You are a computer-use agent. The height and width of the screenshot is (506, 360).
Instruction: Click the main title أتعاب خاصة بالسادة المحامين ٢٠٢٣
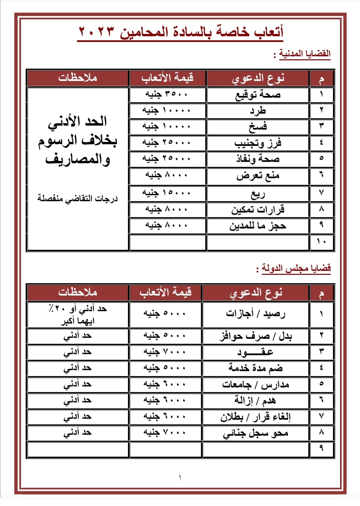tap(180, 32)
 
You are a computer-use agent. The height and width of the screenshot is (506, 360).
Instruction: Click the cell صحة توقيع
tap(258, 95)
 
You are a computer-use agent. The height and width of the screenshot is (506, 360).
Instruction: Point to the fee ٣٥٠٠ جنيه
tap(167, 95)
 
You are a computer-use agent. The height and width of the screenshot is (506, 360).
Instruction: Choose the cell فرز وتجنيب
tap(258, 143)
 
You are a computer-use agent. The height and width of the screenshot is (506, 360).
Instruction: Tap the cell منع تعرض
tap(258, 176)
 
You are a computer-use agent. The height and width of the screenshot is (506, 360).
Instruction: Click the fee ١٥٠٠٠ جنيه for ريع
tap(167, 193)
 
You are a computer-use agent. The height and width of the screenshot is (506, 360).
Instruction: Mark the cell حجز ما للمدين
tap(258, 226)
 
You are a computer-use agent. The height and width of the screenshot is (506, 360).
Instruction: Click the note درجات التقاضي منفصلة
tap(78, 199)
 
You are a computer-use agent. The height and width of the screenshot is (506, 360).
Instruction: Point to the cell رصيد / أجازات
tap(256, 313)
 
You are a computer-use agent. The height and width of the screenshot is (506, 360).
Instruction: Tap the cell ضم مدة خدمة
tap(256, 368)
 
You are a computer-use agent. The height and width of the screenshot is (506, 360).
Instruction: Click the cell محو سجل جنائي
tap(256, 433)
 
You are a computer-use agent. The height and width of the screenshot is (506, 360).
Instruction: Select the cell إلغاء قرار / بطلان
tap(256, 417)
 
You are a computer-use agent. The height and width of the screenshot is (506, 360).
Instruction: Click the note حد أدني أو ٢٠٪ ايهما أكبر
tap(78, 315)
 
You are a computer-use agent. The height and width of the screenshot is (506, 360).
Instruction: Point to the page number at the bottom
tap(180, 477)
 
